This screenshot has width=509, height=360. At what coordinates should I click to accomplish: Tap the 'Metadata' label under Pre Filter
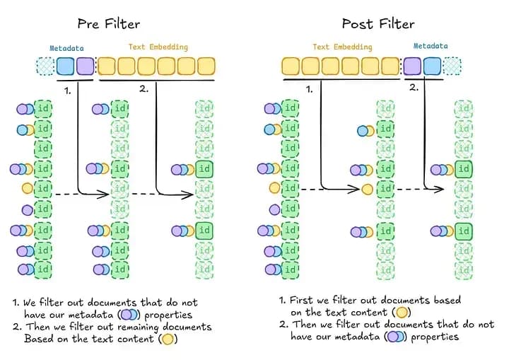point(67,49)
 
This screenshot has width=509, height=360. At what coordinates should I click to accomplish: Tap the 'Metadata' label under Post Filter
point(430,46)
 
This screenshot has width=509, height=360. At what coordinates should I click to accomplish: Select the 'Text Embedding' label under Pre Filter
point(158,47)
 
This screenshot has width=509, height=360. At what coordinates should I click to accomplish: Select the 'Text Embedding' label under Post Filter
point(341,47)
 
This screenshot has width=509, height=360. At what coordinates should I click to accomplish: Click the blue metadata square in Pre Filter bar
point(65,67)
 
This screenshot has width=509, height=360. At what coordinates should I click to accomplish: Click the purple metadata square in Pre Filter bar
point(85,67)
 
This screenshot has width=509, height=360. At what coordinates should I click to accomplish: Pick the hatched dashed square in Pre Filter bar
point(45,67)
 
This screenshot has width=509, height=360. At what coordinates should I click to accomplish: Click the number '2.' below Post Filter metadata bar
point(414,88)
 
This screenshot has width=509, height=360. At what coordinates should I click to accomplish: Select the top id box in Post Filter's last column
point(464,109)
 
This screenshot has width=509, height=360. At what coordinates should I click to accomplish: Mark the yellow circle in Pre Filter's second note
point(168,339)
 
